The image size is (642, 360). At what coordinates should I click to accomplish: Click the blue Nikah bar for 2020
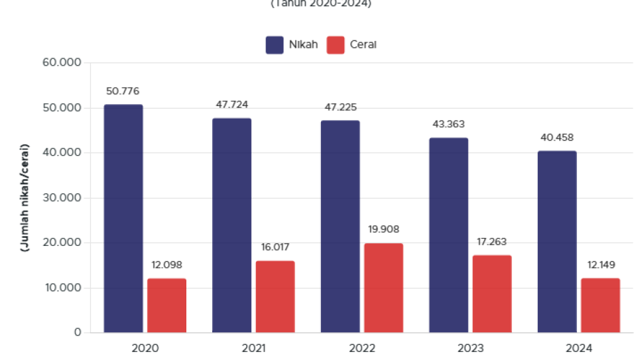pyautogui.click(x=123, y=218)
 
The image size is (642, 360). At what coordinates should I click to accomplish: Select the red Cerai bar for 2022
pyautogui.click(x=383, y=288)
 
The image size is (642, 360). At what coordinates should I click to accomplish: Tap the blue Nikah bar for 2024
pyautogui.click(x=557, y=241)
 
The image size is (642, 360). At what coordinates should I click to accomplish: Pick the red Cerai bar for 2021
pyautogui.click(x=275, y=296)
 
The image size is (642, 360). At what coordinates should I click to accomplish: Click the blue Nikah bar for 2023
pyautogui.click(x=448, y=235)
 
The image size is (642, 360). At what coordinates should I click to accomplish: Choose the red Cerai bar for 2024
pyautogui.click(x=600, y=305)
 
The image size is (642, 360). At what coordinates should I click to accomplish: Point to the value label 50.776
pyautogui.click(x=123, y=91)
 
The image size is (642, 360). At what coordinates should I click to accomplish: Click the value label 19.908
pyautogui.click(x=383, y=229)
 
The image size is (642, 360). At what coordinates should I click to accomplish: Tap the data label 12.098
pyautogui.click(x=166, y=265)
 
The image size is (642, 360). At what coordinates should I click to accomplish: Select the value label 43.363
pyautogui.click(x=448, y=124)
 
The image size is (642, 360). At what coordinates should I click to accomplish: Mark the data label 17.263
pyautogui.click(x=491, y=242)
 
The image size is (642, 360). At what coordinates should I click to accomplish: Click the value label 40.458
pyautogui.click(x=557, y=138)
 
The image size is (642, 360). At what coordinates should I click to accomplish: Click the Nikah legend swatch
pyautogui.click(x=275, y=44)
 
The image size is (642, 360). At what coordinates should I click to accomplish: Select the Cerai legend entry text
pyautogui.click(x=363, y=44)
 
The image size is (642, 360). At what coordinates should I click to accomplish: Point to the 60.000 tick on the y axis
pyautogui.click(x=61, y=62)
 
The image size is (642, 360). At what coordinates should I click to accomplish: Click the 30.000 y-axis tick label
pyautogui.click(x=61, y=198)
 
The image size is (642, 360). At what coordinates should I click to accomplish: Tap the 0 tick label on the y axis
pyautogui.click(x=78, y=332)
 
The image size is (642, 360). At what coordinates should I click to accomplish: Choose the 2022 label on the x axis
pyautogui.click(x=361, y=348)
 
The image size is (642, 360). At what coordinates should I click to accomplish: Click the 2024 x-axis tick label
pyautogui.click(x=578, y=348)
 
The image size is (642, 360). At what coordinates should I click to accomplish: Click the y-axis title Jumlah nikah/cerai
pyautogui.click(x=25, y=197)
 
